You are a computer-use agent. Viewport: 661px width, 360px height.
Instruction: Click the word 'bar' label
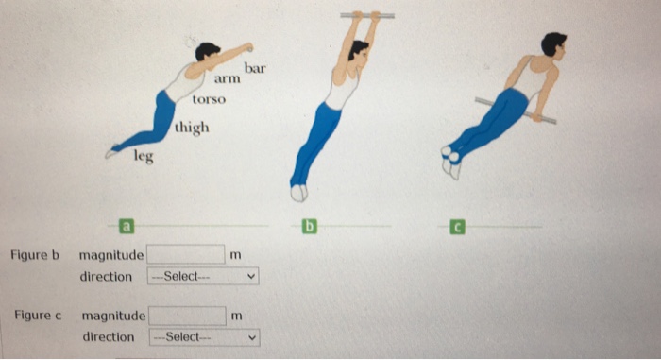[x=256, y=69]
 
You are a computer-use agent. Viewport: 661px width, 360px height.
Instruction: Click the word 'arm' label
[x=226, y=82]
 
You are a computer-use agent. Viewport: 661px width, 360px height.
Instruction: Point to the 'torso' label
[x=208, y=99]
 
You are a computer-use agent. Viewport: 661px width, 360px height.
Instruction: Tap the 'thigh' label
[x=192, y=128]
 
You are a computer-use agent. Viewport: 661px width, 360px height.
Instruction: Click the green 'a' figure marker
[x=124, y=226]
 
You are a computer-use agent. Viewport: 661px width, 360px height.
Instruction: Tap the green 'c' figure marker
[x=457, y=226]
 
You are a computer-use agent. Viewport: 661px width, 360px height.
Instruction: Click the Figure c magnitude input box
[x=186, y=315]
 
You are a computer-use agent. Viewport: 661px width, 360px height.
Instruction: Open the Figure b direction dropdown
[x=202, y=277]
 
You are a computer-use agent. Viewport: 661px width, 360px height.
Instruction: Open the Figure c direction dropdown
[x=204, y=337]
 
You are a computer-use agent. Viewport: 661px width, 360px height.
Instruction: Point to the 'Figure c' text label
[x=38, y=315]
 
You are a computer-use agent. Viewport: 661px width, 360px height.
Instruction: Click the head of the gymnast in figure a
[x=207, y=51]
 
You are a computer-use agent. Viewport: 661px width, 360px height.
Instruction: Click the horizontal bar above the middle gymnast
[x=367, y=15]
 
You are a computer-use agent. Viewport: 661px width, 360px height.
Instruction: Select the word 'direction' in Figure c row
[x=109, y=337]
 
